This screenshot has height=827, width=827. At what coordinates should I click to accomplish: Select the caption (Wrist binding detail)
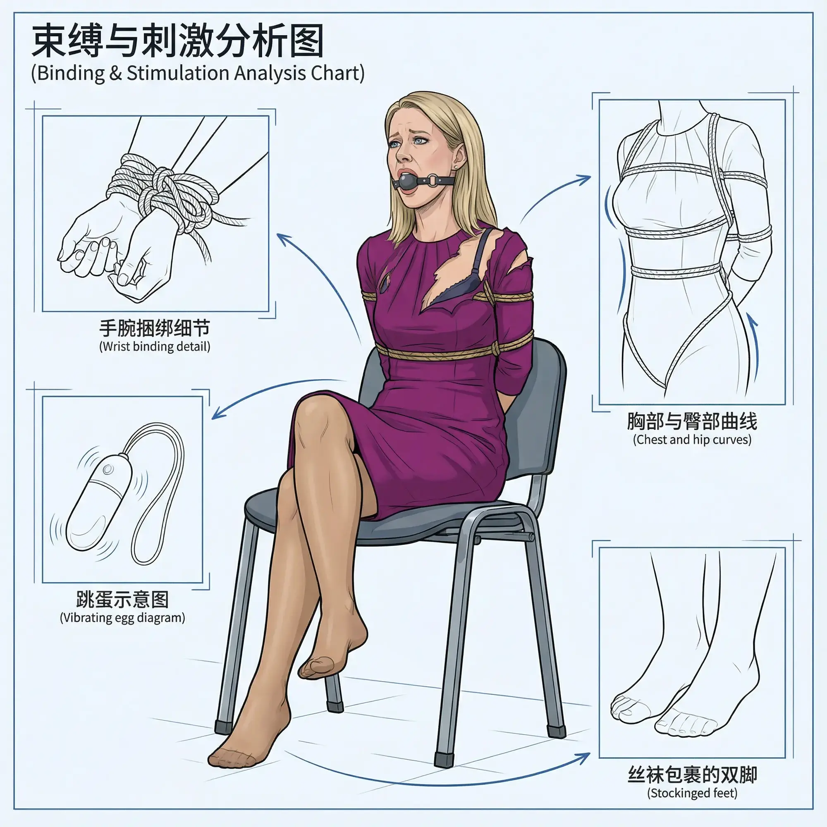coord(155,346)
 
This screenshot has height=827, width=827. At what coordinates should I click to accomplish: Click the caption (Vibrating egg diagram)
coord(122,618)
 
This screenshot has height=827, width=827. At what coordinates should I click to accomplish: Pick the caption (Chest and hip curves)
coord(692,440)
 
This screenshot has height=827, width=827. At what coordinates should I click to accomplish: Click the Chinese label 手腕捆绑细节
coord(155,328)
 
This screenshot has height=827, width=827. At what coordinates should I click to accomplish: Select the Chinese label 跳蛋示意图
coord(122,600)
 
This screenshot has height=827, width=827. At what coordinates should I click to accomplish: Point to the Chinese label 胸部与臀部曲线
coord(692,421)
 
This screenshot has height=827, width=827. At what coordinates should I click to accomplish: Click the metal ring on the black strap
coord(433,180)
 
